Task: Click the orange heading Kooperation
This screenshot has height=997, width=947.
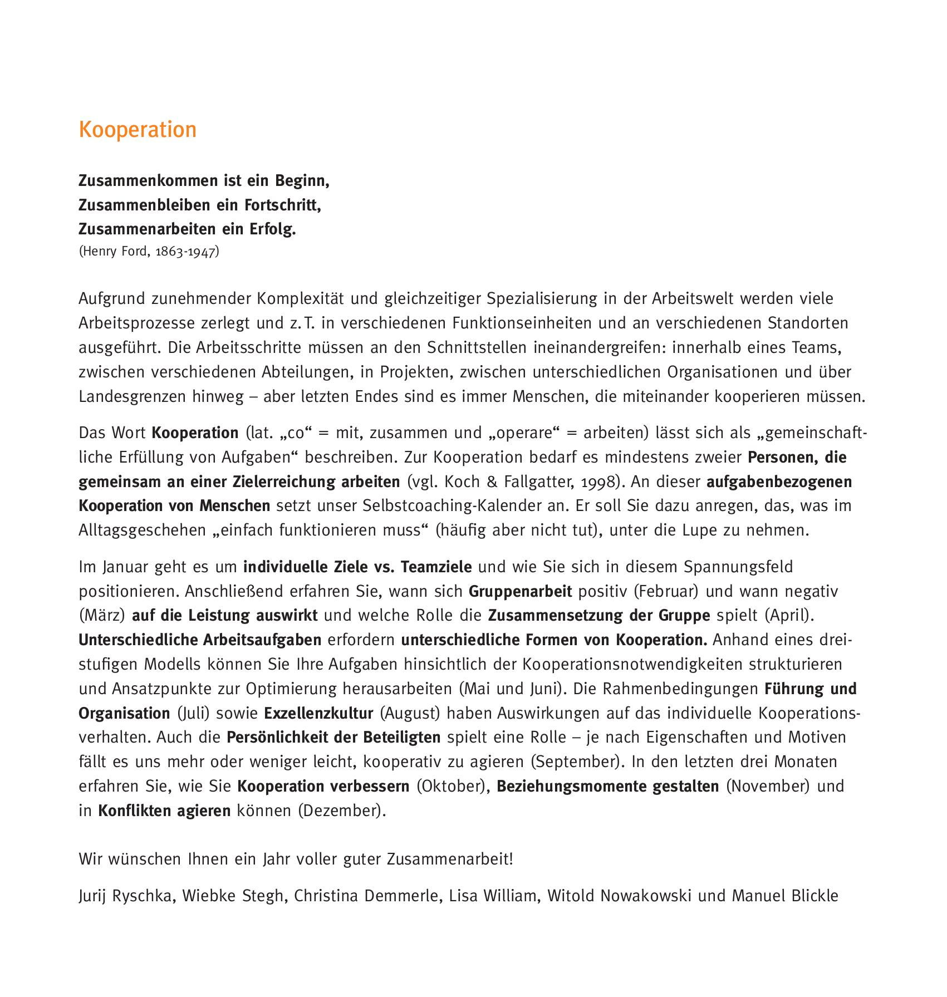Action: point(138,130)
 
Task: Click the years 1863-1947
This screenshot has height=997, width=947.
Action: point(186,252)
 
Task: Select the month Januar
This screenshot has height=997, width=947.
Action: point(126,567)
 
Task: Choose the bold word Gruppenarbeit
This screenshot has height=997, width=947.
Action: point(521,591)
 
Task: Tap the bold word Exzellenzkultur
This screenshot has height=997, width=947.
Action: point(318,713)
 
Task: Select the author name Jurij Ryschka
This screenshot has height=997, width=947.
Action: point(126,896)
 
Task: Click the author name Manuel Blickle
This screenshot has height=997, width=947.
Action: point(785,896)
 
